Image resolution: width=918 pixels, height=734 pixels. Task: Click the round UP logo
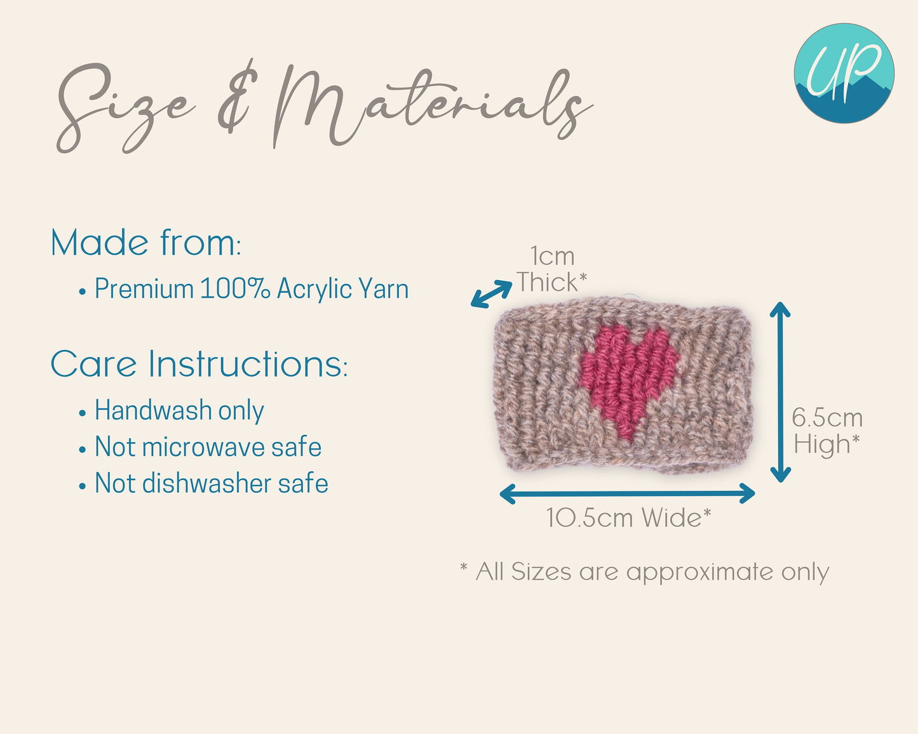844,74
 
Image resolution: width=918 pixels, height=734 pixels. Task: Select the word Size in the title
126,109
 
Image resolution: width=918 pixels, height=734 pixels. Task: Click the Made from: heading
146,243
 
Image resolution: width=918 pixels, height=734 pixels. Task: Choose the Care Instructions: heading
199,364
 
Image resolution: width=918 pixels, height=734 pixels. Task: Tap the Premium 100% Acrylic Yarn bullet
243,289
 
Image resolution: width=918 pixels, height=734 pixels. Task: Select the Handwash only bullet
172,411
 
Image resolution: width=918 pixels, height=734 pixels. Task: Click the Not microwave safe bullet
200,447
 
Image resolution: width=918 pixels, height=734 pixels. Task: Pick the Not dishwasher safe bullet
203,483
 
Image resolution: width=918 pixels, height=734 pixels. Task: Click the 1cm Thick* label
552,269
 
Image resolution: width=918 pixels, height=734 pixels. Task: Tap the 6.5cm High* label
827,430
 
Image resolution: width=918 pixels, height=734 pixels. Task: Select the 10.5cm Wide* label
629,517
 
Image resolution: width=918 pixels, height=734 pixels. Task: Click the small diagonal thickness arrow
492,294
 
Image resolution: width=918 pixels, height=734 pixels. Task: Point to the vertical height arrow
780,392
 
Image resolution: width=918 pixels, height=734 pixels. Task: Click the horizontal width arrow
627,493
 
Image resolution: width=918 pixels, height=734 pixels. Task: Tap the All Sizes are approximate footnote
645,571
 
